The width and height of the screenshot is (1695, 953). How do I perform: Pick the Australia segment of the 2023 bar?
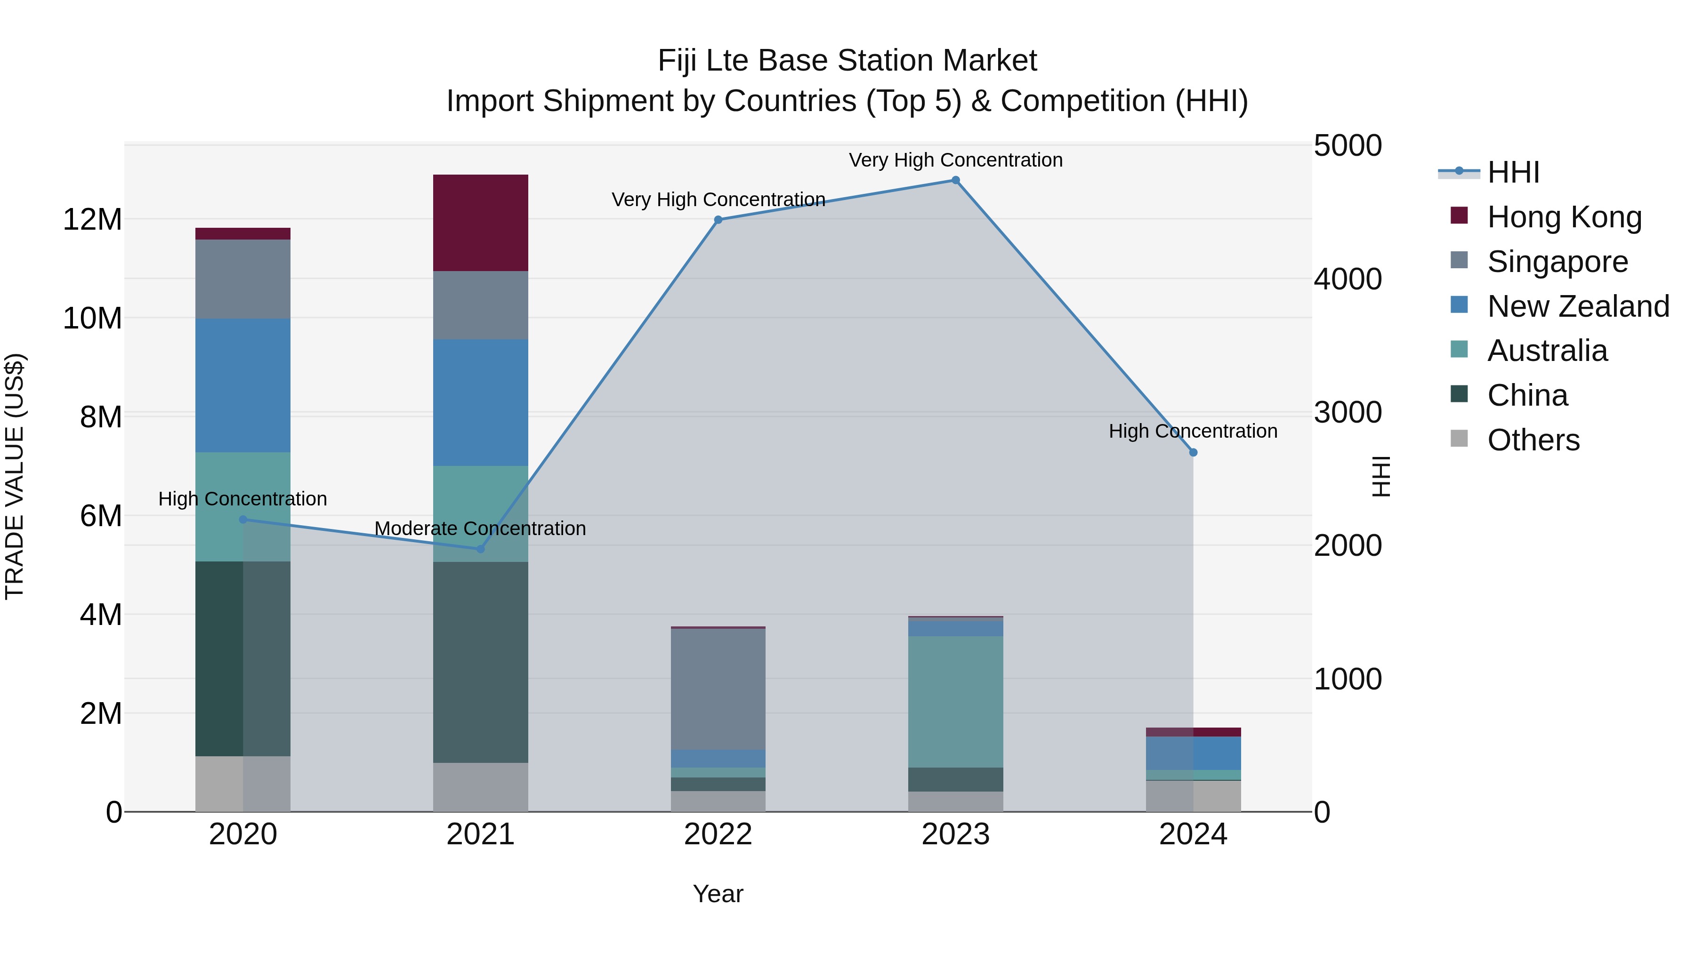955,701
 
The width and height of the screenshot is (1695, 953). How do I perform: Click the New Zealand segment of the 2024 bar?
1193,753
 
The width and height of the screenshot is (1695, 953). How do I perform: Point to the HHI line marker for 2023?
955,180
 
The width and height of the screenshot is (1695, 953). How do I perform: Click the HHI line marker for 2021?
480,549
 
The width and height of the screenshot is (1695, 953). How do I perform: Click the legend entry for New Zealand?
1578,306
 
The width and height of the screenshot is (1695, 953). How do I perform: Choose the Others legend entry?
1533,440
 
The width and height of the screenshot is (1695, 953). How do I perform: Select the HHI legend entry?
1513,172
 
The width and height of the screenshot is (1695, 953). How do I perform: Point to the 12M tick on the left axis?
92,219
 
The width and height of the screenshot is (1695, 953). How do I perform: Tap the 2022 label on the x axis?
718,834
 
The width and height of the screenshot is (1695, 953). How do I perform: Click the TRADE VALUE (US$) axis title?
15,476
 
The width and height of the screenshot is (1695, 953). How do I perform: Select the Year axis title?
718,894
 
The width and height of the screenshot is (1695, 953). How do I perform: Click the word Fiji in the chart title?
678,61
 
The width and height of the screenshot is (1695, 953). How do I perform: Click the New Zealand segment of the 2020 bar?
243,385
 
